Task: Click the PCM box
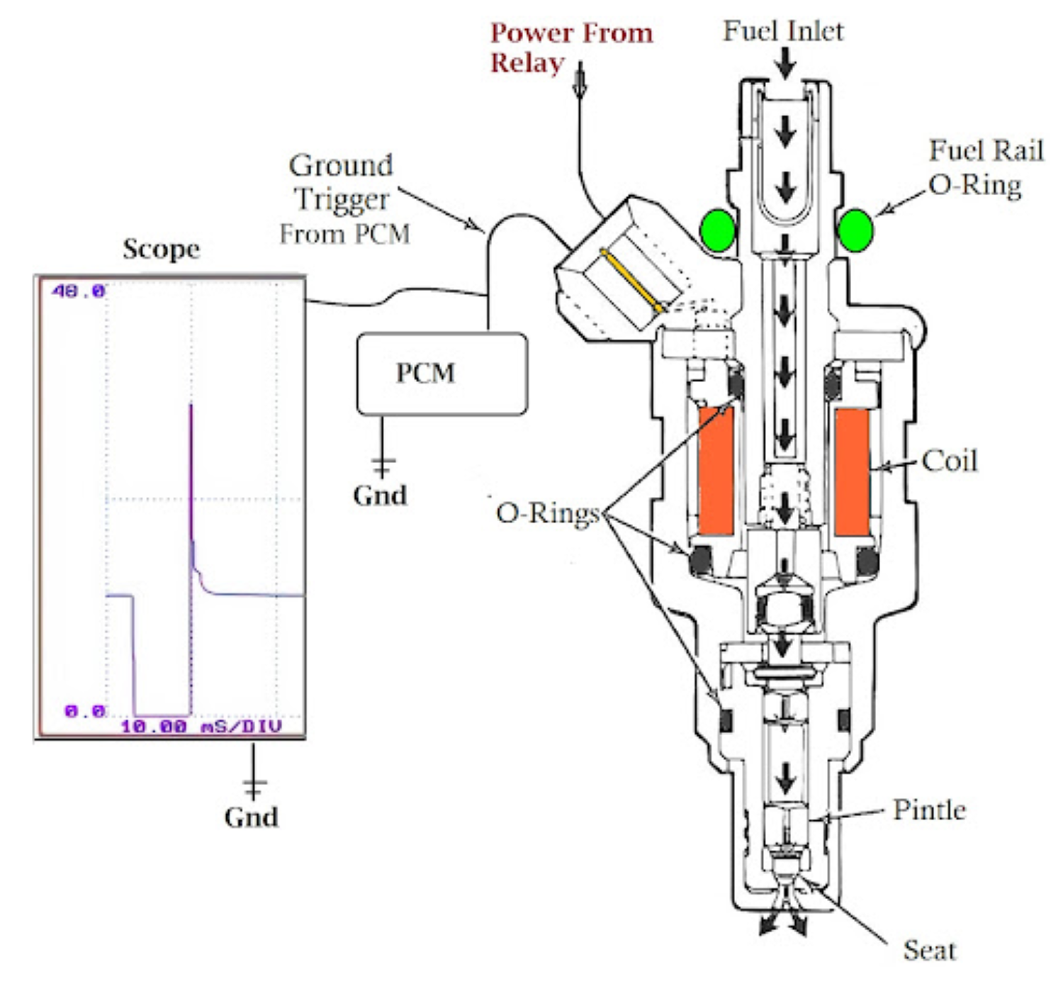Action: (x=441, y=374)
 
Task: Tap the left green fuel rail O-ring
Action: (x=718, y=230)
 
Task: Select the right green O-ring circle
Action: (x=855, y=230)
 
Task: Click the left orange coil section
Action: (x=716, y=471)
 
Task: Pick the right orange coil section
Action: (x=852, y=471)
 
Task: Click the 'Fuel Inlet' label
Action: (x=783, y=31)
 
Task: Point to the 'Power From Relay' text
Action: (x=571, y=47)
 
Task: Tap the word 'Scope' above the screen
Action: (x=161, y=249)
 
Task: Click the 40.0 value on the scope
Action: (x=78, y=291)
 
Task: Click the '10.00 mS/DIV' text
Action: (x=201, y=726)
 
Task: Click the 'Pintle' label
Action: (x=929, y=810)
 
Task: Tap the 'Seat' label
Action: (x=929, y=950)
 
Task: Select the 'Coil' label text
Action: (x=950, y=461)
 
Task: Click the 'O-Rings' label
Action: (x=548, y=513)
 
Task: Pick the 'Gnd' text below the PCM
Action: (x=380, y=495)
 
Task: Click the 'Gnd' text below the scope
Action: (x=251, y=817)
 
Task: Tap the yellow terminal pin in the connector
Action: (x=631, y=281)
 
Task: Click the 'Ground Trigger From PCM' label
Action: (x=344, y=199)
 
